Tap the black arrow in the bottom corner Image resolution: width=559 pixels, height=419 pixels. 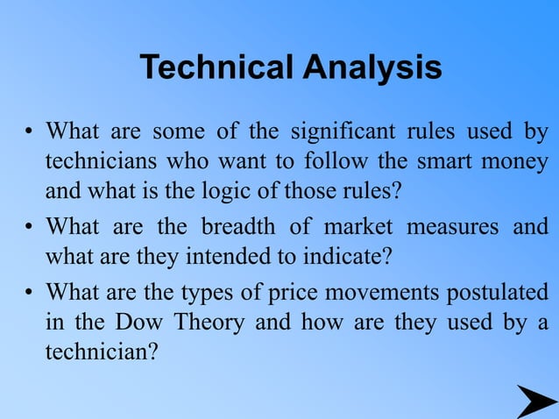(534, 401)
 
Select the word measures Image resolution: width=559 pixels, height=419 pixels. (455, 227)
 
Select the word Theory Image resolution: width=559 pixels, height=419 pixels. (207, 322)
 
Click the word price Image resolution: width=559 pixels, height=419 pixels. (301, 292)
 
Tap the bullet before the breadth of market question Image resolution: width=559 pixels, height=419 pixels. (29, 228)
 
